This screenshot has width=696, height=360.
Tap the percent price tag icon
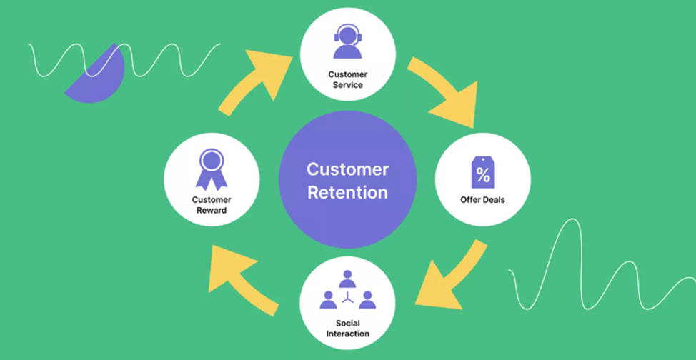point(482,172)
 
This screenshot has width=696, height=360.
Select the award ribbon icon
point(212,169)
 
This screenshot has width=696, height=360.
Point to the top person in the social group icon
point(347,279)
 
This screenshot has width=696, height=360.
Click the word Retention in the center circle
point(347,193)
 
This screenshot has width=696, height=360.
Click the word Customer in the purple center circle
point(347,169)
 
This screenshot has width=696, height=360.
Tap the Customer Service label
point(347,79)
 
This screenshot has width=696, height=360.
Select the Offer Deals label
point(482,200)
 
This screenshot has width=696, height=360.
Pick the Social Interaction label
point(347,329)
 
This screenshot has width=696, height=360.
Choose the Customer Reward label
point(212,205)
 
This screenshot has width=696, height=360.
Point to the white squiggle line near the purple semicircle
point(124,60)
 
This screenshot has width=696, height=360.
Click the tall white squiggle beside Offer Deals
point(602,266)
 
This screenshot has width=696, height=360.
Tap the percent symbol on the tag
point(482,174)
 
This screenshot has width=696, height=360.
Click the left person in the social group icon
point(328,299)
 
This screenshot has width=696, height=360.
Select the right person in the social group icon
point(367,299)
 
